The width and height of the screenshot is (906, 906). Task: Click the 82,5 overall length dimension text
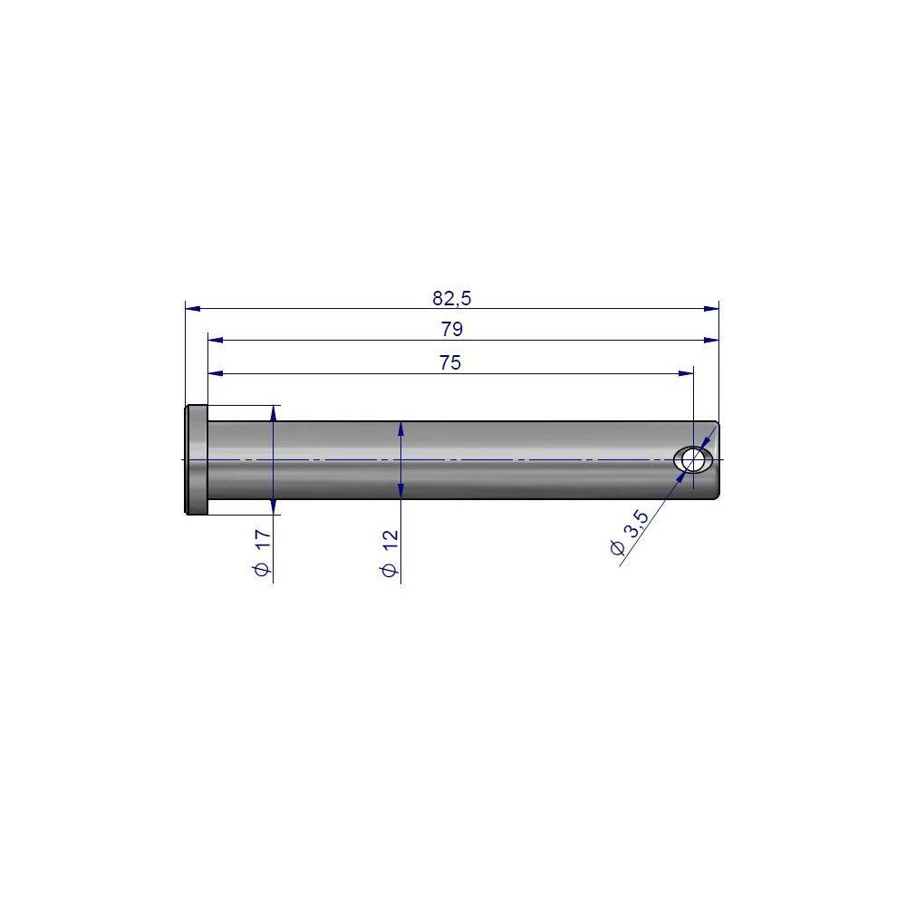[452, 298]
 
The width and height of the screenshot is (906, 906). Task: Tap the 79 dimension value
[452, 329]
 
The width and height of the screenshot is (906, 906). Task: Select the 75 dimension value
[450, 362]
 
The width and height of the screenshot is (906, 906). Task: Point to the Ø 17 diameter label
[263, 553]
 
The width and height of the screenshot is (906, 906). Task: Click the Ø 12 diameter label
[390, 553]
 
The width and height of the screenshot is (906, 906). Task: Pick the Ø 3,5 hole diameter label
[630, 532]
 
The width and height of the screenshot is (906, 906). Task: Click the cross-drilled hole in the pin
[693, 460]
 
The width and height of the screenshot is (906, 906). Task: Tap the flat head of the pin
[197, 460]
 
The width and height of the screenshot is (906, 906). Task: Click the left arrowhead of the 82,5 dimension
[193, 308]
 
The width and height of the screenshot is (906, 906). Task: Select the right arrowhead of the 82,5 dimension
[711, 308]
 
